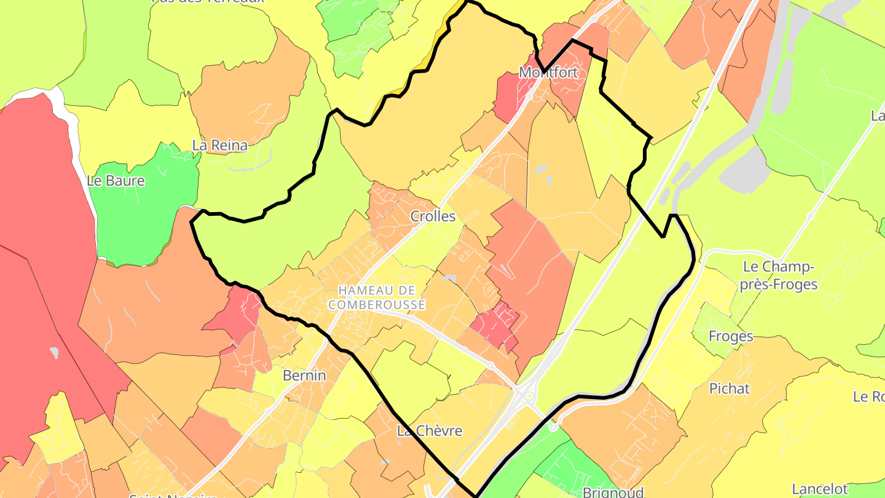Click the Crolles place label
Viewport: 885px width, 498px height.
[x=433, y=216]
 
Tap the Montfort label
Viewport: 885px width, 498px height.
[x=548, y=73]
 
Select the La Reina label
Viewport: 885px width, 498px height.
[x=219, y=146]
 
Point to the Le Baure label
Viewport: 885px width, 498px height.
[x=116, y=181]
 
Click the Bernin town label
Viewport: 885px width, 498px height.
[x=304, y=375]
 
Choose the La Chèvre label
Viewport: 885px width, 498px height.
[x=429, y=431]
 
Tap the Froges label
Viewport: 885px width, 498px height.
[x=730, y=336]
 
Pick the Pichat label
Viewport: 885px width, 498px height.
[x=730, y=389]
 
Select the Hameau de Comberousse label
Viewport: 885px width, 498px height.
[x=376, y=297]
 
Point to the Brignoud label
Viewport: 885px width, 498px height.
[x=613, y=492]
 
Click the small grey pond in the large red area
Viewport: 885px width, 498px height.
[x=55, y=352]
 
